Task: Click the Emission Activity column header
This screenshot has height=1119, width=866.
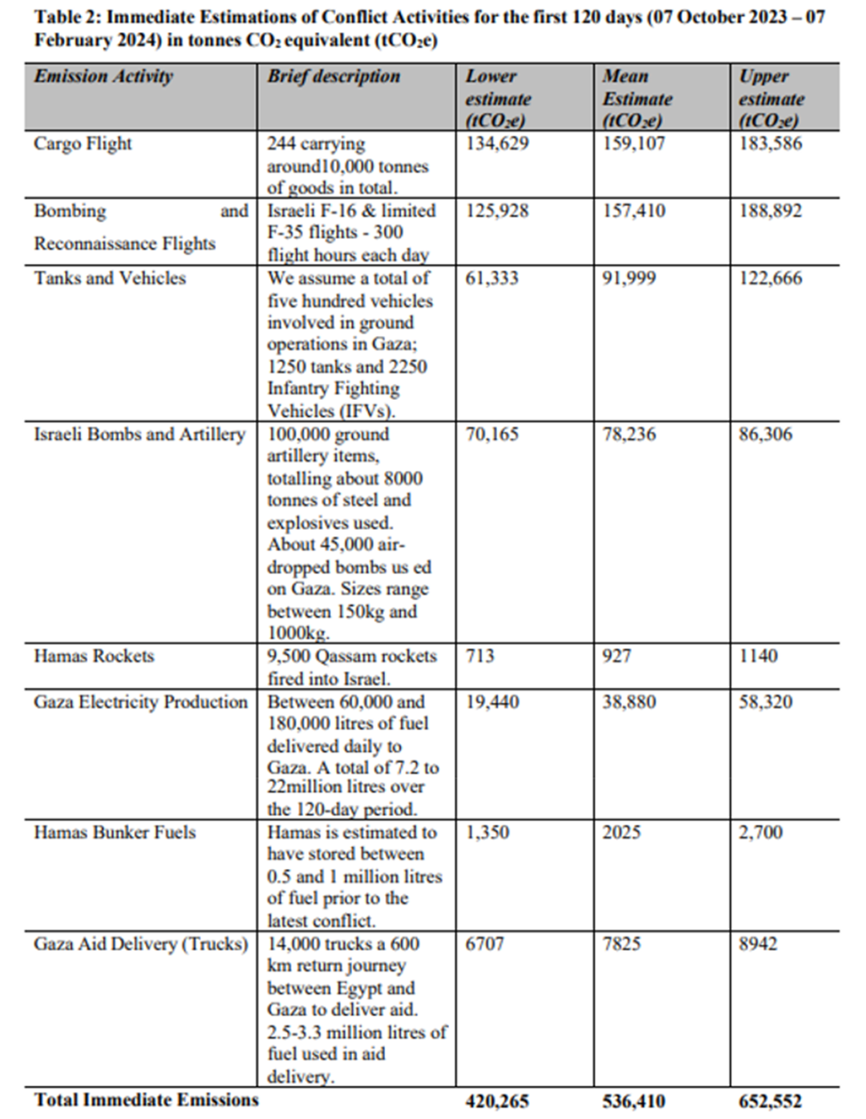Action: pos(103,77)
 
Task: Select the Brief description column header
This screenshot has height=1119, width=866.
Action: pos(334,77)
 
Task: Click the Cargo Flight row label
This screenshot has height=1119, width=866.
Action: pos(83,144)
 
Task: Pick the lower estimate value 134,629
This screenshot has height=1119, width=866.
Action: pos(497,144)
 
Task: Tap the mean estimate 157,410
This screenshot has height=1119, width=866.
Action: pos(633,212)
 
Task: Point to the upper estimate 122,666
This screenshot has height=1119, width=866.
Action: pos(770,279)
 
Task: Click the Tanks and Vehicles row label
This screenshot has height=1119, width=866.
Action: pos(110,279)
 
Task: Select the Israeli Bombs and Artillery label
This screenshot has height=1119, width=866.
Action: pos(140,434)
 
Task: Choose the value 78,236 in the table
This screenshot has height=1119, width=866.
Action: pos(629,434)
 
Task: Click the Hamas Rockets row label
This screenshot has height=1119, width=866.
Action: pos(94,656)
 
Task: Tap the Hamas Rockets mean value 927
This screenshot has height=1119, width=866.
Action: pos(617,656)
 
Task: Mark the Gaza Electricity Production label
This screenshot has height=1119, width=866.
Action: pos(141,702)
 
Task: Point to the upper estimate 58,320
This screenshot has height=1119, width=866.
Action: pos(765,702)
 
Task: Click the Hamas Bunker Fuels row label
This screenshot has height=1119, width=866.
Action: pos(115,833)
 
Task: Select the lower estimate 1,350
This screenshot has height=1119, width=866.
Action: pos(487,833)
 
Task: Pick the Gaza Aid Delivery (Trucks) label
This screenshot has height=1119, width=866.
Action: pos(141,944)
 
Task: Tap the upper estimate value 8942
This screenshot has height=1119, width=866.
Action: pos(758,944)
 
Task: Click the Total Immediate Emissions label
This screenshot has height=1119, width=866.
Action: pos(147,1100)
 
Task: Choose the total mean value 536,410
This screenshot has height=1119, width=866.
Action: pos(633,1102)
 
